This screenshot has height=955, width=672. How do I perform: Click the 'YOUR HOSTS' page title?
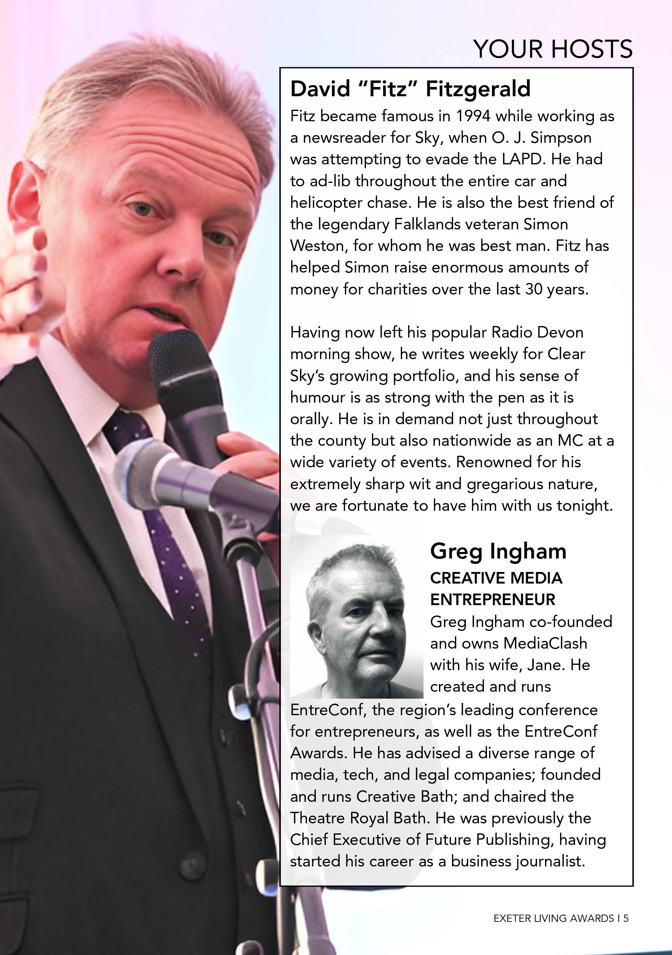click(x=552, y=49)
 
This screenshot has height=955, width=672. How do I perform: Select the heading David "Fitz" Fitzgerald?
click(x=410, y=89)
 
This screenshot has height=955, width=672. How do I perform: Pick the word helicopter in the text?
click(x=320, y=202)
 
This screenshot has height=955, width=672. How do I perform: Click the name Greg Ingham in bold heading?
click(x=498, y=551)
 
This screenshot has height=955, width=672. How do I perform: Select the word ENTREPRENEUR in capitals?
click(x=492, y=599)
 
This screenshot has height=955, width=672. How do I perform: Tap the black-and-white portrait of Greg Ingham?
click(x=356, y=616)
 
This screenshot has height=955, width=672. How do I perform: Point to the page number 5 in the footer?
click(x=626, y=918)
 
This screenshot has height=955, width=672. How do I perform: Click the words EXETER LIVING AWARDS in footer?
click(x=554, y=918)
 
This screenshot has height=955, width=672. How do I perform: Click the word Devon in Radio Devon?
click(x=560, y=332)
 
